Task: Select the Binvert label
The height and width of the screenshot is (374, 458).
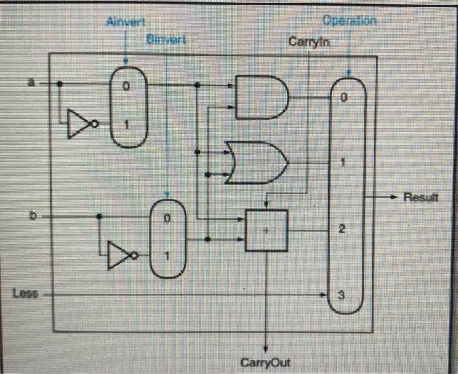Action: click(166, 40)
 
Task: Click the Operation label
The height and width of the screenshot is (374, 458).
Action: click(349, 21)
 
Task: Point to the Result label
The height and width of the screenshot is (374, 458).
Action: click(421, 197)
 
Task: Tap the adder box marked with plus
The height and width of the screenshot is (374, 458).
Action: click(266, 230)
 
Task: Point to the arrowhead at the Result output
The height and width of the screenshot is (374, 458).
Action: click(395, 196)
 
